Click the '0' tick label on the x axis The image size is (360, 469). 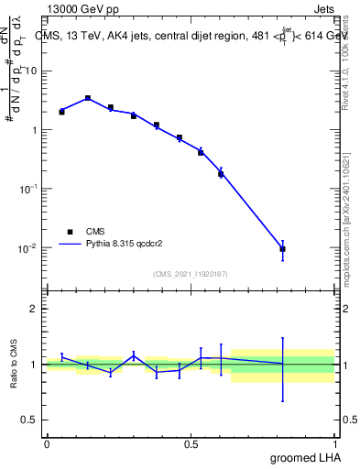[x=47, y=442]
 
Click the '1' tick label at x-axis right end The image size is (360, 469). [x=334, y=442]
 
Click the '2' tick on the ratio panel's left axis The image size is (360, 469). [x=34, y=309]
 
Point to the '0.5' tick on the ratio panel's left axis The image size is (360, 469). [x=30, y=420]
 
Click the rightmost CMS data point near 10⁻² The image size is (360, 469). [x=283, y=249]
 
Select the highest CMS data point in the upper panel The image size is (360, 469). [x=88, y=98]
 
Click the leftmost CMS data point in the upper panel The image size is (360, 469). [x=61, y=112]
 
